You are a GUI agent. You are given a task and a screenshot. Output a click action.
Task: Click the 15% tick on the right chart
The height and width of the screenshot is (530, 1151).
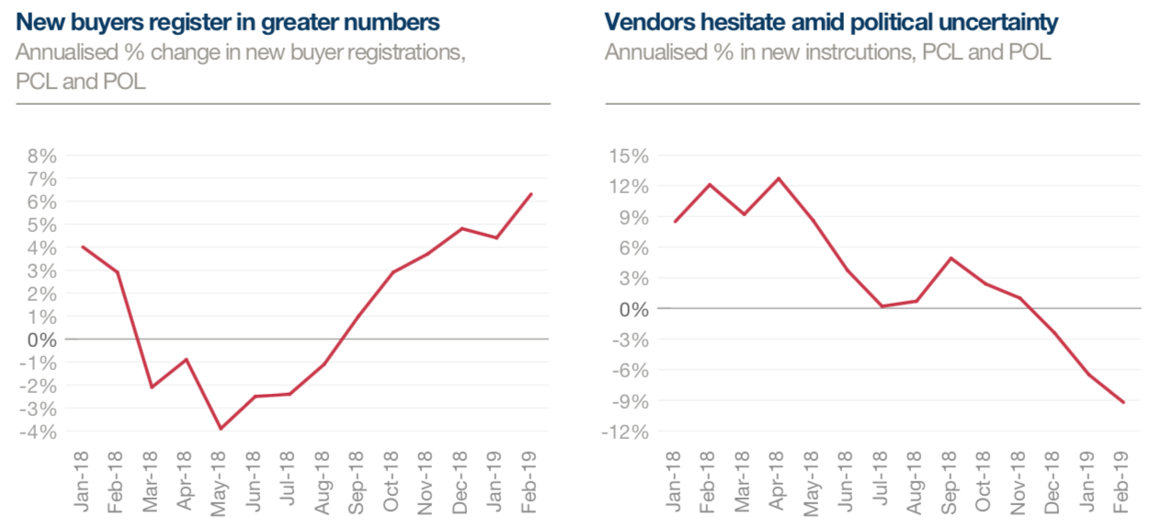pyautogui.click(x=630, y=156)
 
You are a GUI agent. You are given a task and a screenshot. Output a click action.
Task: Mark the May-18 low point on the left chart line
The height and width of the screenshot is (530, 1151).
pyautogui.click(x=221, y=429)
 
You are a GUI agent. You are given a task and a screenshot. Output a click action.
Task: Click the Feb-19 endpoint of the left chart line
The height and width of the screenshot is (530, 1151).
pyautogui.click(x=532, y=194)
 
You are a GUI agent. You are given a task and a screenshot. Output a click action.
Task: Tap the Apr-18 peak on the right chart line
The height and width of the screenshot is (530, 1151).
pyautogui.click(x=779, y=178)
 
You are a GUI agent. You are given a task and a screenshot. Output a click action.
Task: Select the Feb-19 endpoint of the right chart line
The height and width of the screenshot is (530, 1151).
pyautogui.click(x=1123, y=402)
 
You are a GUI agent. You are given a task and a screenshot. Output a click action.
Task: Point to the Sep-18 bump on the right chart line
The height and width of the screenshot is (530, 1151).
pyautogui.click(x=952, y=258)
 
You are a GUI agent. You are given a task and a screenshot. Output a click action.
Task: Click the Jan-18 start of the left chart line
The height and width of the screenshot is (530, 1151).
pyautogui.click(x=82, y=247)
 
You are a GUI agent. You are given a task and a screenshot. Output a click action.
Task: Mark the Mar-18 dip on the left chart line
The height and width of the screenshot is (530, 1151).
pyautogui.click(x=152, y=387)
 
